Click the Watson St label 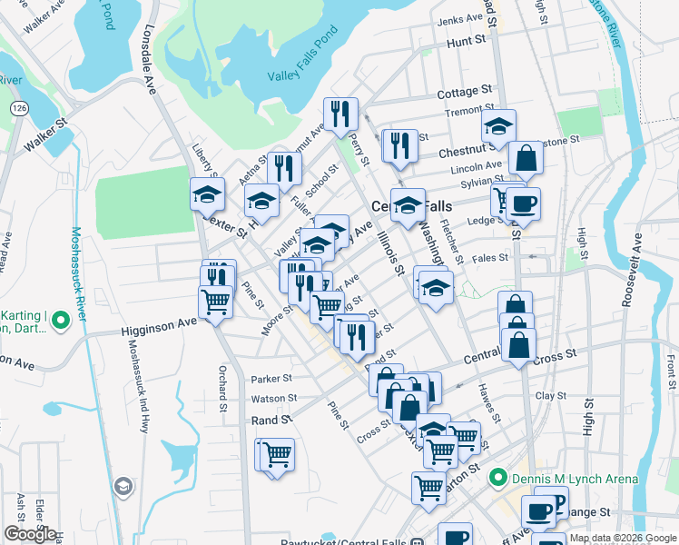pos(274,398)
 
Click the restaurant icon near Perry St pos(340,114)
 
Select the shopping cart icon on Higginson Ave pos(215,302)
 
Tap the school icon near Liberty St pos(207,193)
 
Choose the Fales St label pos(489,258)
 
